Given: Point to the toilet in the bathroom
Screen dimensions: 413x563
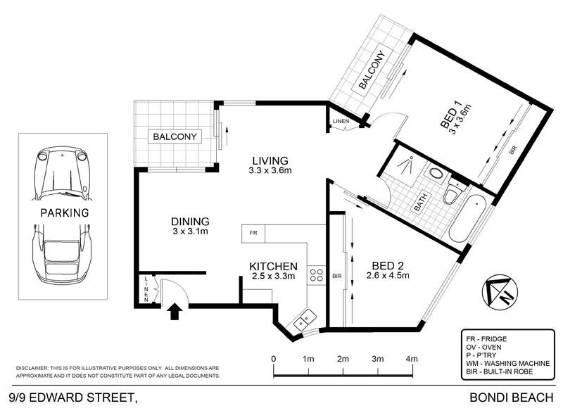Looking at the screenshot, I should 453,192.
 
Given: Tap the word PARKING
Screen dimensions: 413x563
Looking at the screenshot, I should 64,212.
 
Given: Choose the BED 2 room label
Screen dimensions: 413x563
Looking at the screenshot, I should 389,265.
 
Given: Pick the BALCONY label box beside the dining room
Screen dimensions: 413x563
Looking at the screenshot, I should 173,136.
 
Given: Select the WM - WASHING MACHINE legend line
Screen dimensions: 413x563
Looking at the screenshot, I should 505,363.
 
